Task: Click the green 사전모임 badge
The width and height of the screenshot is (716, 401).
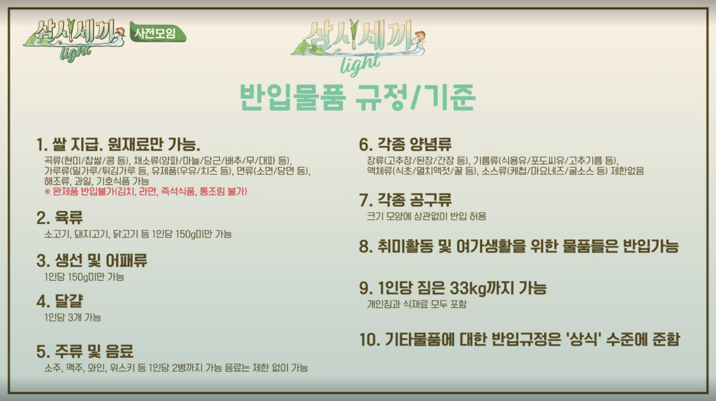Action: pos(157,33)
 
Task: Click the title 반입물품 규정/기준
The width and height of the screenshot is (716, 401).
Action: pos(357,97)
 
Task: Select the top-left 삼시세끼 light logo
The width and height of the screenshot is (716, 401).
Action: pos(73,40)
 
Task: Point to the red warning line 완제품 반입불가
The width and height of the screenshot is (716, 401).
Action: pos(146,192)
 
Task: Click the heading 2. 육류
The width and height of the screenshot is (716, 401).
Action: pos(60,218)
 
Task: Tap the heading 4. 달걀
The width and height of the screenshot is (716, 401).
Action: pos(60,301)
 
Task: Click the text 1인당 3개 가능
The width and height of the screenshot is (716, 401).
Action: pos(73,318)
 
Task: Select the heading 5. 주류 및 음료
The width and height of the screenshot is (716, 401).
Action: pos(85,351)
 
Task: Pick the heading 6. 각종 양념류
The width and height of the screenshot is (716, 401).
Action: pos(405,144)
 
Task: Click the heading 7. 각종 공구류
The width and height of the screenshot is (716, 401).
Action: pos(405,200)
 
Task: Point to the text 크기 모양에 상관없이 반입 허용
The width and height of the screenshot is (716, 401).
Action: pos(426,216)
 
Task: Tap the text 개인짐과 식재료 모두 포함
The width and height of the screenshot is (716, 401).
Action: pos(416,304)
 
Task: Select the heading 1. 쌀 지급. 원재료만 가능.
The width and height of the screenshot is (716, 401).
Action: pos(118,144)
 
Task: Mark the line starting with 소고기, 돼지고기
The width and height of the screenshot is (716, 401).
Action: pos(138,234)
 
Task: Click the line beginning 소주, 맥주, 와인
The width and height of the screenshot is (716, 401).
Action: pos(176,368)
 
